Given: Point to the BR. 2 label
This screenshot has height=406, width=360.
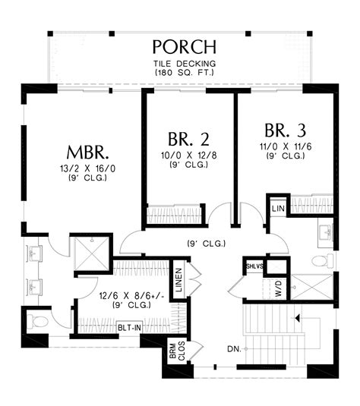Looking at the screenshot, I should (x=188, y=139).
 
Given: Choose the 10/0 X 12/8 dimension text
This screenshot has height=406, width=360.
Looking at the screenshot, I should (x=188, y=158).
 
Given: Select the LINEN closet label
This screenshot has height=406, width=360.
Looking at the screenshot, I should (x=178, y=280).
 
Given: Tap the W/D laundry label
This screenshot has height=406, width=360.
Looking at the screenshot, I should (x=278, y=289).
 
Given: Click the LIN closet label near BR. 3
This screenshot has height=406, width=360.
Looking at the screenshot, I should (x=277, y=206).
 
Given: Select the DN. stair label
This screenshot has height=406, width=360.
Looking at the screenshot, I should (x=235, y=349).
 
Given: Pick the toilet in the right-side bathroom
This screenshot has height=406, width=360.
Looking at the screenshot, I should (x=321, y=260).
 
